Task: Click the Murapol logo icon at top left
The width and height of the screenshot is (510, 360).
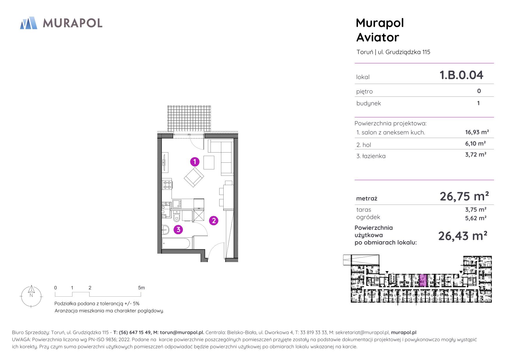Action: (28, 23)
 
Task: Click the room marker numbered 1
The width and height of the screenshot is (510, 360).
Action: (195, 162)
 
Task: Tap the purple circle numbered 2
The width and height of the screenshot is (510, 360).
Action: (214, 221)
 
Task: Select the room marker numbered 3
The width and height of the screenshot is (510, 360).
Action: (178, 230)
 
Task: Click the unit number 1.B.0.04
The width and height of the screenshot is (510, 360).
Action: (461, 75)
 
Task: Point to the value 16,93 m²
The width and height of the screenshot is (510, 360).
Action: (477, 132)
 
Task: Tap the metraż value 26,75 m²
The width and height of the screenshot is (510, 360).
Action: (464, 196)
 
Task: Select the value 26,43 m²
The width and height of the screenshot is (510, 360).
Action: (463, 236)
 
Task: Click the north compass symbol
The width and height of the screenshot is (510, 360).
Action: (31, 296)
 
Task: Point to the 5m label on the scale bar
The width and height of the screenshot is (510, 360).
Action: (141, 288)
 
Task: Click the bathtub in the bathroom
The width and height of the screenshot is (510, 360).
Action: (176, 243)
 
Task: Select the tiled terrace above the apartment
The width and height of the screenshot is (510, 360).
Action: (189, 119)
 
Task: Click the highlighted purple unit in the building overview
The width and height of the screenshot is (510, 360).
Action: (423, 280)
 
